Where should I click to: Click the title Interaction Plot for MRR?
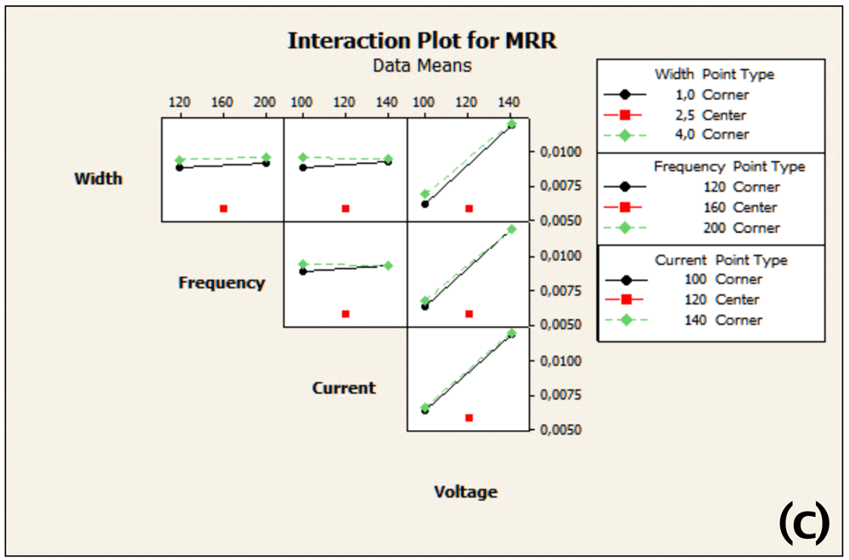(422, 41)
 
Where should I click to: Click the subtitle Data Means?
(422, 64)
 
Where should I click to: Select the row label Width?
(98, 178)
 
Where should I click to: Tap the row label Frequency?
(222, 283)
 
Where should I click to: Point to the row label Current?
(344, 388)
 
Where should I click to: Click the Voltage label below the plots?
(465, 491)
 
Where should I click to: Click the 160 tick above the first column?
(222, 103)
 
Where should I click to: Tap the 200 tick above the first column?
(266, 103)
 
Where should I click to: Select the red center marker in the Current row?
(469, 417)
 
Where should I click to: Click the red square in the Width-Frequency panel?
(224, 208)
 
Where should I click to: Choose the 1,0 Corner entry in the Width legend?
(725, 94)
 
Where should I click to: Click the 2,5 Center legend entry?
(725, 115)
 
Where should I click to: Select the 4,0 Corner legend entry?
(725, 134)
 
